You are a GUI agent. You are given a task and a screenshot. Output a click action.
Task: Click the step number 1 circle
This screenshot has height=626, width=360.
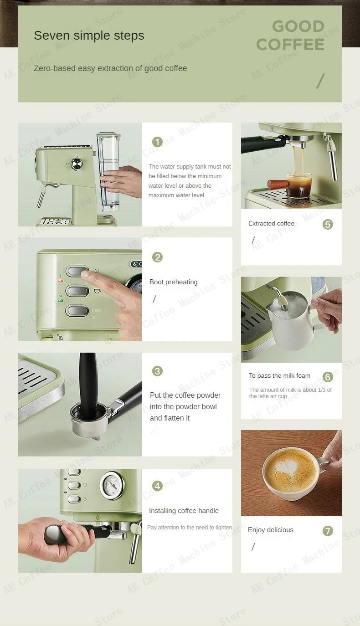[157, 142]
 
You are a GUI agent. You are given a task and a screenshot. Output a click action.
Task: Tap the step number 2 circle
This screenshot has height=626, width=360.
[157, 257]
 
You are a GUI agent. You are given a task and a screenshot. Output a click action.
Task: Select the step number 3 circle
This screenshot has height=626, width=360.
[157, 371]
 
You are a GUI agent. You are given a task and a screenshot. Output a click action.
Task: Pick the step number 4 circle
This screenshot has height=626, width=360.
[157, 486]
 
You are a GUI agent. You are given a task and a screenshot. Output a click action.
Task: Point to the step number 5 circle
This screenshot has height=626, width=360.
[328, 224]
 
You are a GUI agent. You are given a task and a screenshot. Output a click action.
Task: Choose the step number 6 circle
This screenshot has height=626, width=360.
[328, 377]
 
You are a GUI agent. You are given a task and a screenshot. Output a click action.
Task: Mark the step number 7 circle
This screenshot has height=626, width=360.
[328, 531]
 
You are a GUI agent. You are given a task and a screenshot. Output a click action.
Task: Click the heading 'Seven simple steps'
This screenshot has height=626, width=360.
[89, 36]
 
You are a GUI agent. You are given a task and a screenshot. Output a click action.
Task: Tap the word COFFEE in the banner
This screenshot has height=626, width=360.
[290, 45]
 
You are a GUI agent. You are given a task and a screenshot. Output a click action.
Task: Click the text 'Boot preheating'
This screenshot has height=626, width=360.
[173, 282]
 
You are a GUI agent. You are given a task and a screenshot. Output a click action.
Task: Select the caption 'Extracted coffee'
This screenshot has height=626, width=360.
[271, 223]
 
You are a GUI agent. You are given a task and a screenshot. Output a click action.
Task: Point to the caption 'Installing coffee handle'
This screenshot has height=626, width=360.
[184, 511]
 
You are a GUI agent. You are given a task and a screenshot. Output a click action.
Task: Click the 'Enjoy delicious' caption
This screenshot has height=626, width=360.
[270, 530]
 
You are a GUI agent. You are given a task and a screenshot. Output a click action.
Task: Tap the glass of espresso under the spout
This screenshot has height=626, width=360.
[298, 185]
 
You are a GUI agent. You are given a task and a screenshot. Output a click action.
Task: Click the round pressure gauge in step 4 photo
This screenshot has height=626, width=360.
[112, 485]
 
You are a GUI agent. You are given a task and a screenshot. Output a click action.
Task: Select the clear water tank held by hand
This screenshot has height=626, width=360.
[108, 171]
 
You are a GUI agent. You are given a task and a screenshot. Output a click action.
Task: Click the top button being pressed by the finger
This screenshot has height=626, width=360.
[77, 272]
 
